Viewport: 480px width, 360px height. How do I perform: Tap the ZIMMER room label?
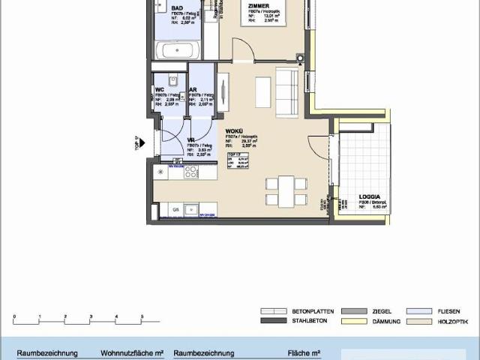pos(259,5)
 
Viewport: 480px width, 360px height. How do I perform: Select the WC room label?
pos(160,89)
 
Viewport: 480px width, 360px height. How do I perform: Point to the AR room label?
pos(193,89)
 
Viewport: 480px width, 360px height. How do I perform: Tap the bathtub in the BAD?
pos(178,51)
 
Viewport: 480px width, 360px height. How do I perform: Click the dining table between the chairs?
pos(286,191)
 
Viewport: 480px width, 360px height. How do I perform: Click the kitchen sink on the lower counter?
pos(190,209)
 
